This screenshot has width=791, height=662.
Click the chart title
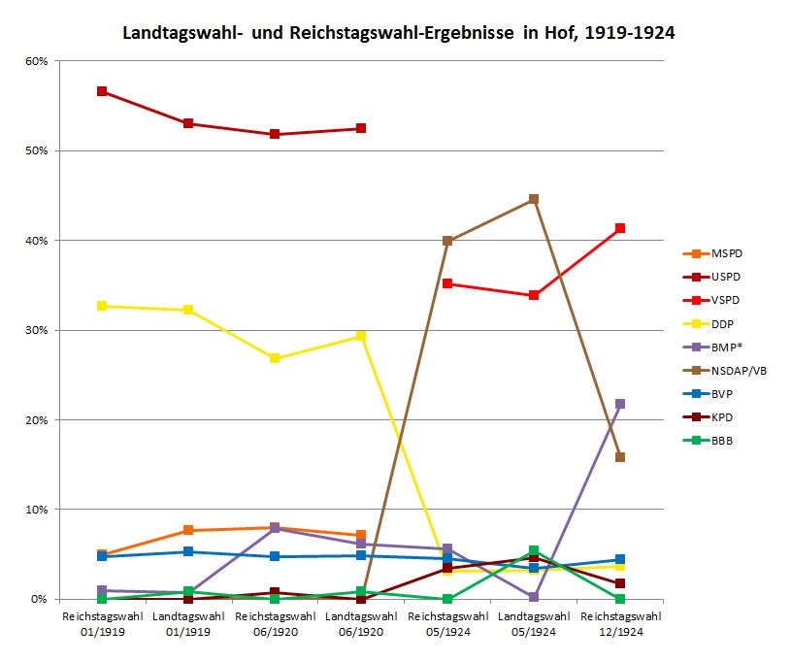(398, 33)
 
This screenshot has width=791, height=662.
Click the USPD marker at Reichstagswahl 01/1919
(101, 91)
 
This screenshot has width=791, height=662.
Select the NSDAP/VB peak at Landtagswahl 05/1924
(533, 199)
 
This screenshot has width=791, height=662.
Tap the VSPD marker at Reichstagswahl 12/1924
(619, 228)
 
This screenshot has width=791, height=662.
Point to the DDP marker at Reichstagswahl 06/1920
(275, 358)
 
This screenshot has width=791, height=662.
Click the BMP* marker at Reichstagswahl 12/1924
(619, 404)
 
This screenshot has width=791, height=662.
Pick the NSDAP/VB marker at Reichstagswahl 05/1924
(446, 241)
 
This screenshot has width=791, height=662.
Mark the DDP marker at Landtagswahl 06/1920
(360, 336)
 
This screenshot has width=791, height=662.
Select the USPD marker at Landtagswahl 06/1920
(360, 128)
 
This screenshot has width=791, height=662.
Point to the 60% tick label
(35, 61)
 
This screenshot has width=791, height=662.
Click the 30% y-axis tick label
(35, 330)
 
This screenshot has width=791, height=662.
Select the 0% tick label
(38, 599)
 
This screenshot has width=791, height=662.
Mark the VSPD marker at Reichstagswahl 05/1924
(446, 283)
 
